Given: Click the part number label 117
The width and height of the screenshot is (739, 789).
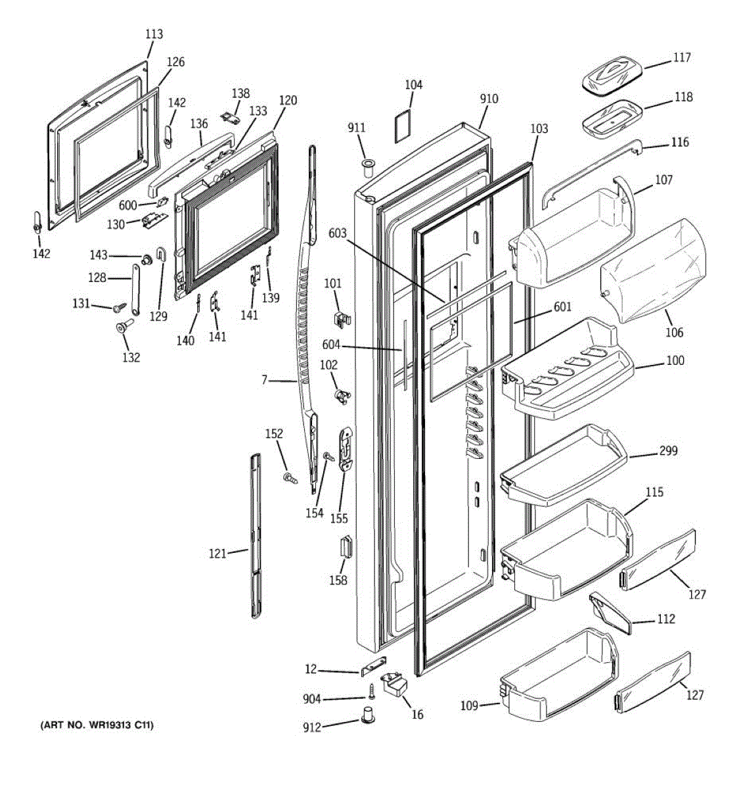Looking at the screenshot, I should point(682,58).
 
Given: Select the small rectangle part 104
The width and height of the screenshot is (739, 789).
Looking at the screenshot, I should point(403,126).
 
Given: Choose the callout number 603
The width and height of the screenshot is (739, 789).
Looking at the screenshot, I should point(338,233).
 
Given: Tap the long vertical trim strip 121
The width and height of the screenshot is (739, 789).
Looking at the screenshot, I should point(256,536).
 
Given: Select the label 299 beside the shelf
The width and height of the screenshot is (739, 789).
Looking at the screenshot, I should point(669,452).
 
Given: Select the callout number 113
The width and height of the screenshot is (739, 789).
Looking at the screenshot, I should point(154,34).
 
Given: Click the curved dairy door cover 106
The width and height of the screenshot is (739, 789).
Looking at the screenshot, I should point(654,270).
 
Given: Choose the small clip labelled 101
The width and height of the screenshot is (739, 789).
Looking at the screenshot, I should point(339,318).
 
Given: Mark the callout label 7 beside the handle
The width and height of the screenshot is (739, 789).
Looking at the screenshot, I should point(264,380).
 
